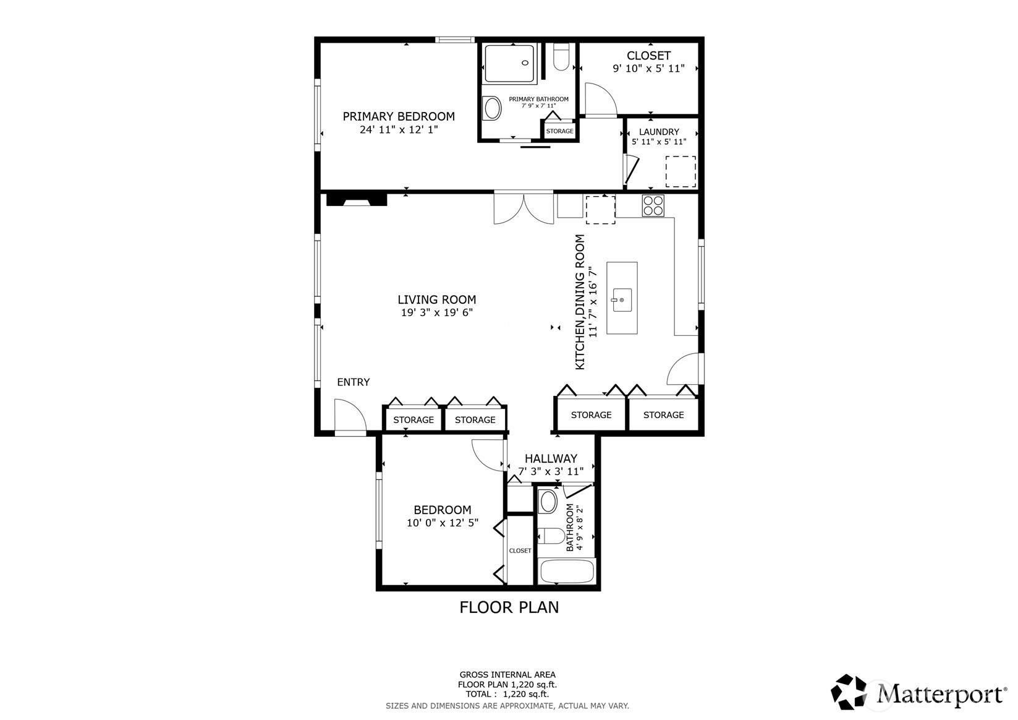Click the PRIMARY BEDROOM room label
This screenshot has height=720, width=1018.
click(x=399, y=116)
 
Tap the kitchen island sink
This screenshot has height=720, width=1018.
click(x=622, y=300)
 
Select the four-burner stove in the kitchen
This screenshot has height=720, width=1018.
click(x=653, y=205)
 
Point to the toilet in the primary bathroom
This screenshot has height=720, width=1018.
click(x=561, y=57)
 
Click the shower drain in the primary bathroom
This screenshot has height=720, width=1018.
click(x=525, y=63)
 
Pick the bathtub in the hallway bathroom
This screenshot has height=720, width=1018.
click(x=567, y=572)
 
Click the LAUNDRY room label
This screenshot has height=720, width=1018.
click(x=659, y=132)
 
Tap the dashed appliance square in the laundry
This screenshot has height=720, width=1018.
click(x=681, y=171)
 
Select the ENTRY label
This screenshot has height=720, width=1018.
click(x=353, y=382)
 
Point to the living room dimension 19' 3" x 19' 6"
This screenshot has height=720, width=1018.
click(x=437, y=312)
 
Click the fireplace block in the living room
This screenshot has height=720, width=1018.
click(x=357, y=200)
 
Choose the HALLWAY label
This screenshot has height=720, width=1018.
click(x=551, y=458)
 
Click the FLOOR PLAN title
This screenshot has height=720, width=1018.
click(x=509, y=607)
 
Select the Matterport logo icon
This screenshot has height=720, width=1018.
click(x=849, y=692)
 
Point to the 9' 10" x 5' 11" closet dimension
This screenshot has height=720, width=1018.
click(x=648, y=69)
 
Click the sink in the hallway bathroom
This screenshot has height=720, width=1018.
click(x=548, y=501)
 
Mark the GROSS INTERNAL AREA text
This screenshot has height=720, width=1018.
click(x=507, y=675)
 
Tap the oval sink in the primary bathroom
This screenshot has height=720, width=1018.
click(x=492, y=108)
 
